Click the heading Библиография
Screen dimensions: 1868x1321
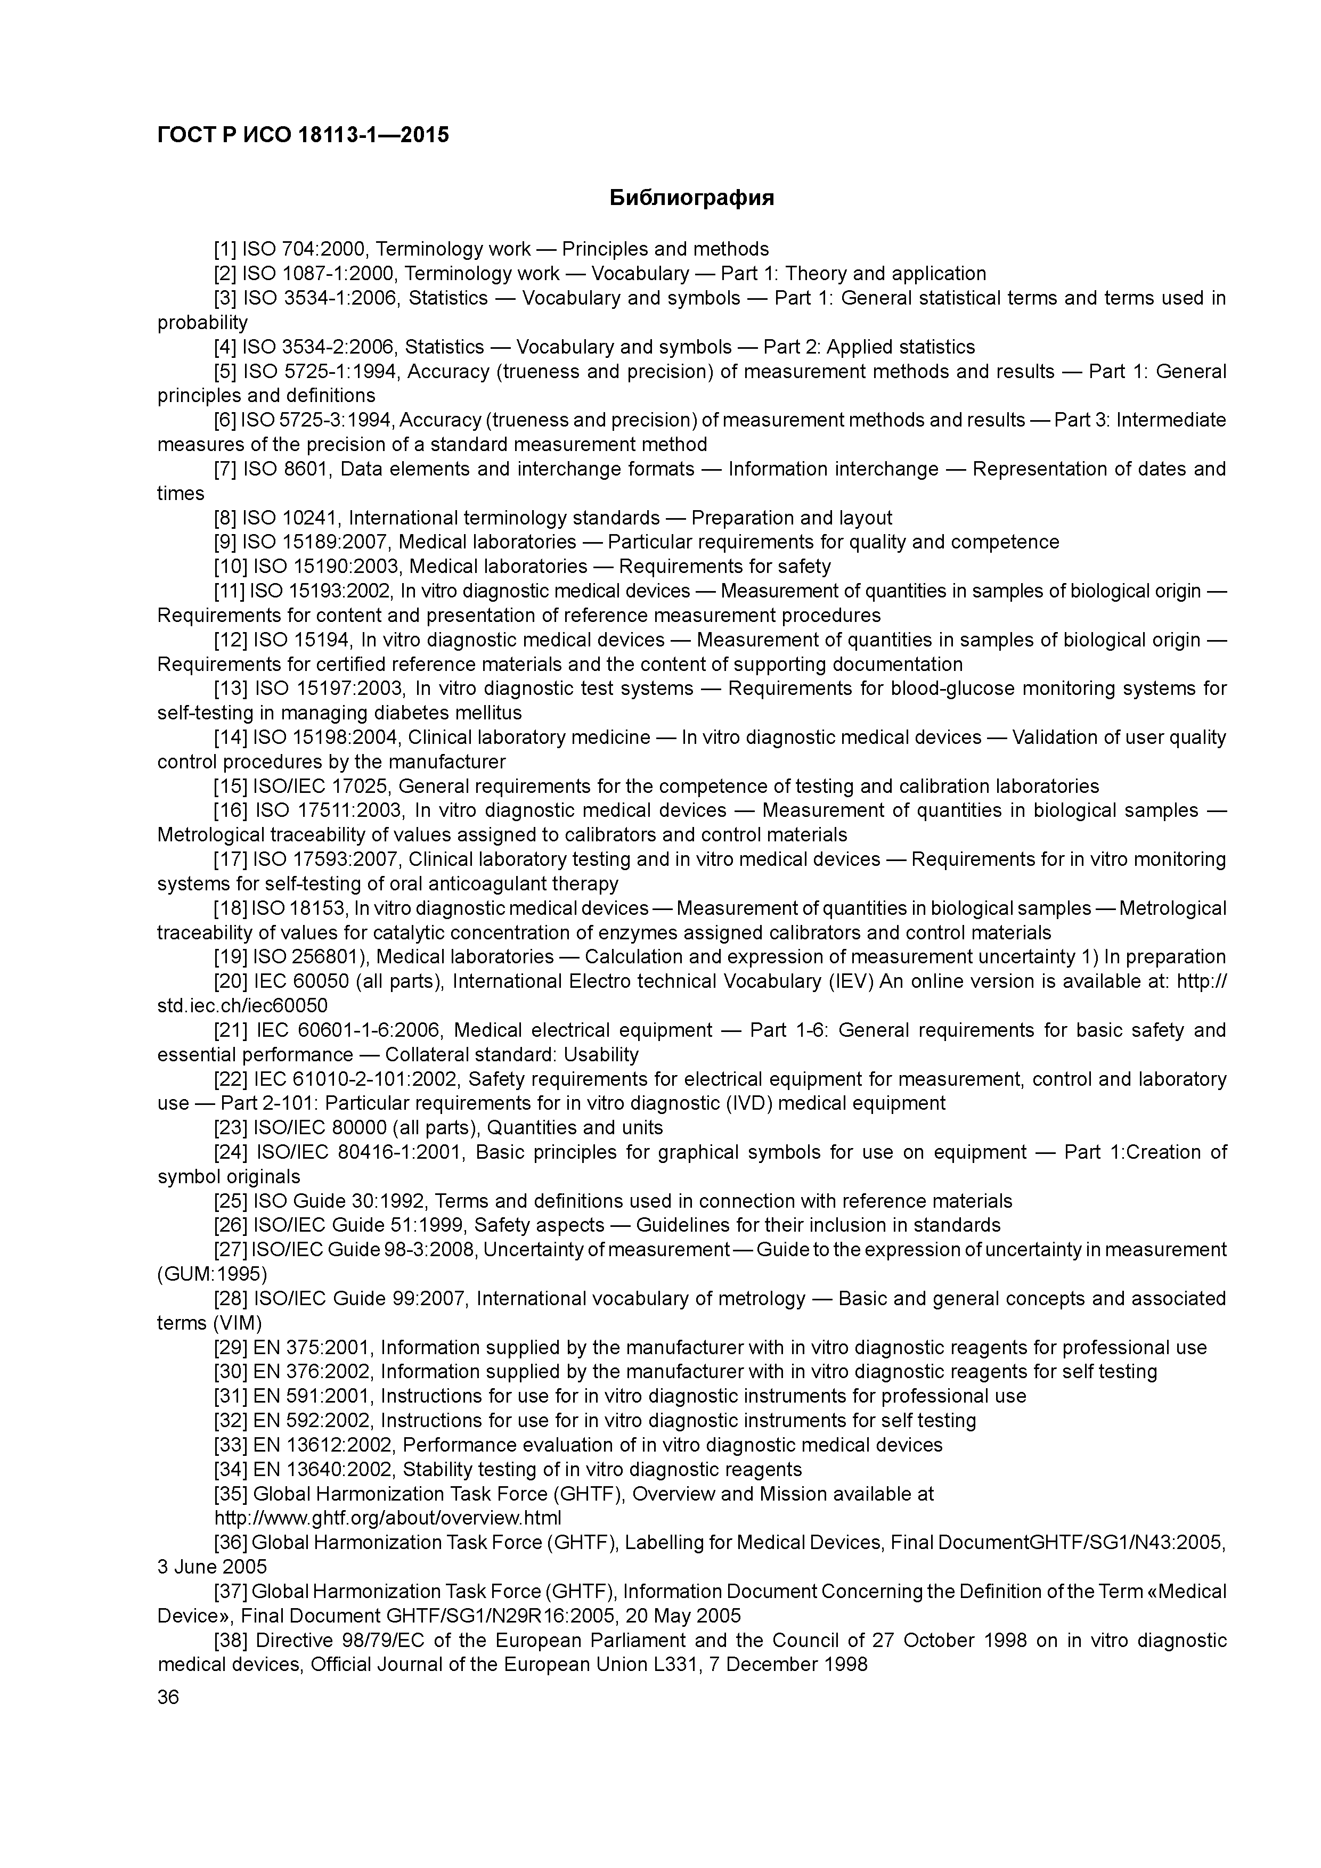point(691,198)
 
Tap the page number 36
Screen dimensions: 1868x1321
point(168,1697)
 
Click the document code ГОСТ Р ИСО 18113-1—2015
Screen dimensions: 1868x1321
point(303,135)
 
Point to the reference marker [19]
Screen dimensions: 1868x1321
point(230,957)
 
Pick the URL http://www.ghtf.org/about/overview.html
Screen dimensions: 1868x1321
point(387,1518)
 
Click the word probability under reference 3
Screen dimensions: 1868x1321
point(202,323)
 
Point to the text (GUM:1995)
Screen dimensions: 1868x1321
point(211,1274)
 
